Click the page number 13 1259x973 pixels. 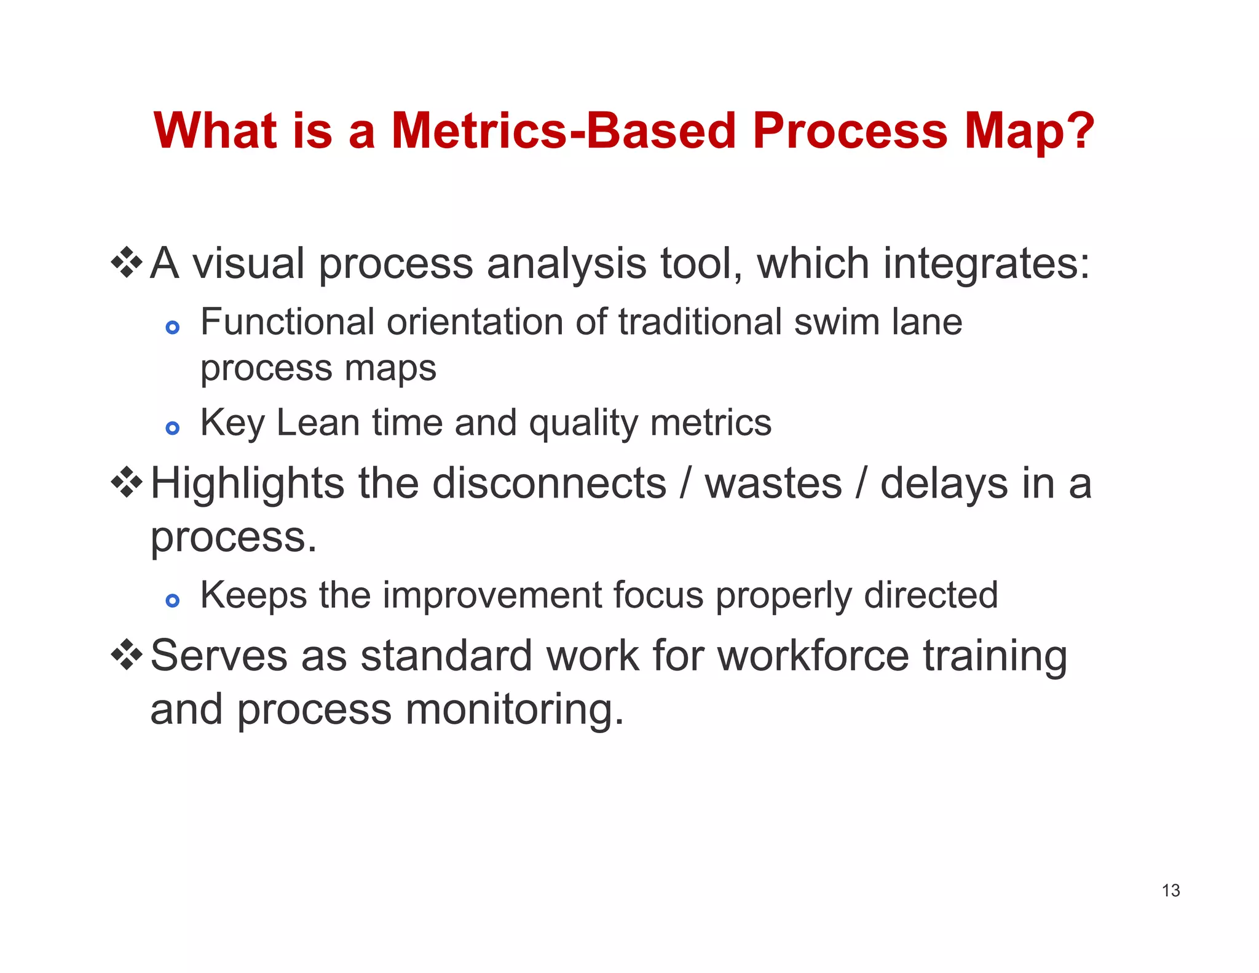coord(1170,890)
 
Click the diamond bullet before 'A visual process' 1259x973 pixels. coord(127,262)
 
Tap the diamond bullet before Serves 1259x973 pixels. coord(127,654)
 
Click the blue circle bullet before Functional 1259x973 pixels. coord(173,327)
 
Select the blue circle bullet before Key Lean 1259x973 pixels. coord(173,427)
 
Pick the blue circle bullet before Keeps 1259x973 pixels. coord(173,600)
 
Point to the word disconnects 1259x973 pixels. coord(549,483)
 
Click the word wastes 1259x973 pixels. coord(773,483)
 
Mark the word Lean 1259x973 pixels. coord(317,423)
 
